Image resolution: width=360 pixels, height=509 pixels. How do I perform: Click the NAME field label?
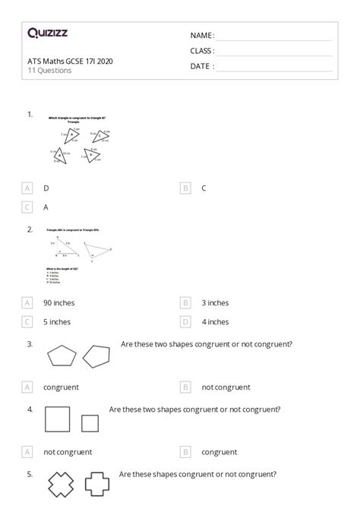(202, 36)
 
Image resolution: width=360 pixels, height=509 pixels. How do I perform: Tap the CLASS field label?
(202, 51)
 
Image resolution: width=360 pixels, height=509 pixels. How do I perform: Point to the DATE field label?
(202, 66)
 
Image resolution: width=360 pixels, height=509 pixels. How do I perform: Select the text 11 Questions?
(49, 71)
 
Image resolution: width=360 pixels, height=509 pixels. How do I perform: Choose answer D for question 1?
(46, 188)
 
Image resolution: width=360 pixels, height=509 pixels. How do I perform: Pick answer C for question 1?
(204, 188)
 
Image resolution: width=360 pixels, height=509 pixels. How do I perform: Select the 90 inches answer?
(59, 302)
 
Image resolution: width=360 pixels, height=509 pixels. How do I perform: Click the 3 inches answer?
(215, 302)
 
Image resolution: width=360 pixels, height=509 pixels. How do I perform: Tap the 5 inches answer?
(57, 321)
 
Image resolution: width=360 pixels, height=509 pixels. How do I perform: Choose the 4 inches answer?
(215, 321)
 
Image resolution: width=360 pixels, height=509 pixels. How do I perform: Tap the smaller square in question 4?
(90, 423)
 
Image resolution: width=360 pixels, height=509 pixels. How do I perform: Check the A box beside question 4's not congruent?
(28, 452)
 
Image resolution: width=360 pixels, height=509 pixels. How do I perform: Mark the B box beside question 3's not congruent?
(185, 387)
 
